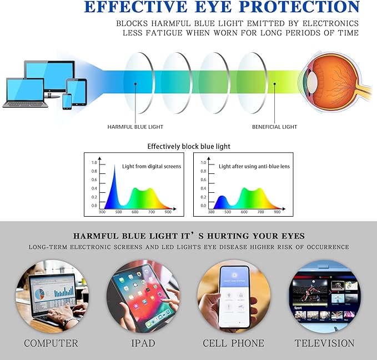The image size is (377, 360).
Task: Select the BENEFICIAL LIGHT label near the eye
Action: [274, 127]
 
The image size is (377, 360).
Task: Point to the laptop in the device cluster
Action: [23, 92]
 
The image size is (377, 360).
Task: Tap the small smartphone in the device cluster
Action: [67, 101]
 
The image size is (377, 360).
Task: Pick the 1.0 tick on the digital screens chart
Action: [94, 162]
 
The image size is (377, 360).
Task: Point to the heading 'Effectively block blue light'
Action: [189, 147]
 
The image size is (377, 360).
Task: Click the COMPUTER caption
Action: [51, 343]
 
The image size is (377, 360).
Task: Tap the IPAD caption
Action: [143, 343]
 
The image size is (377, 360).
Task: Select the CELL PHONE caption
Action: [233, 343]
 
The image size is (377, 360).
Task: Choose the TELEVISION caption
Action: [324, 343]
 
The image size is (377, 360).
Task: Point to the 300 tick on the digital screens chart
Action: [102, 212]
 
